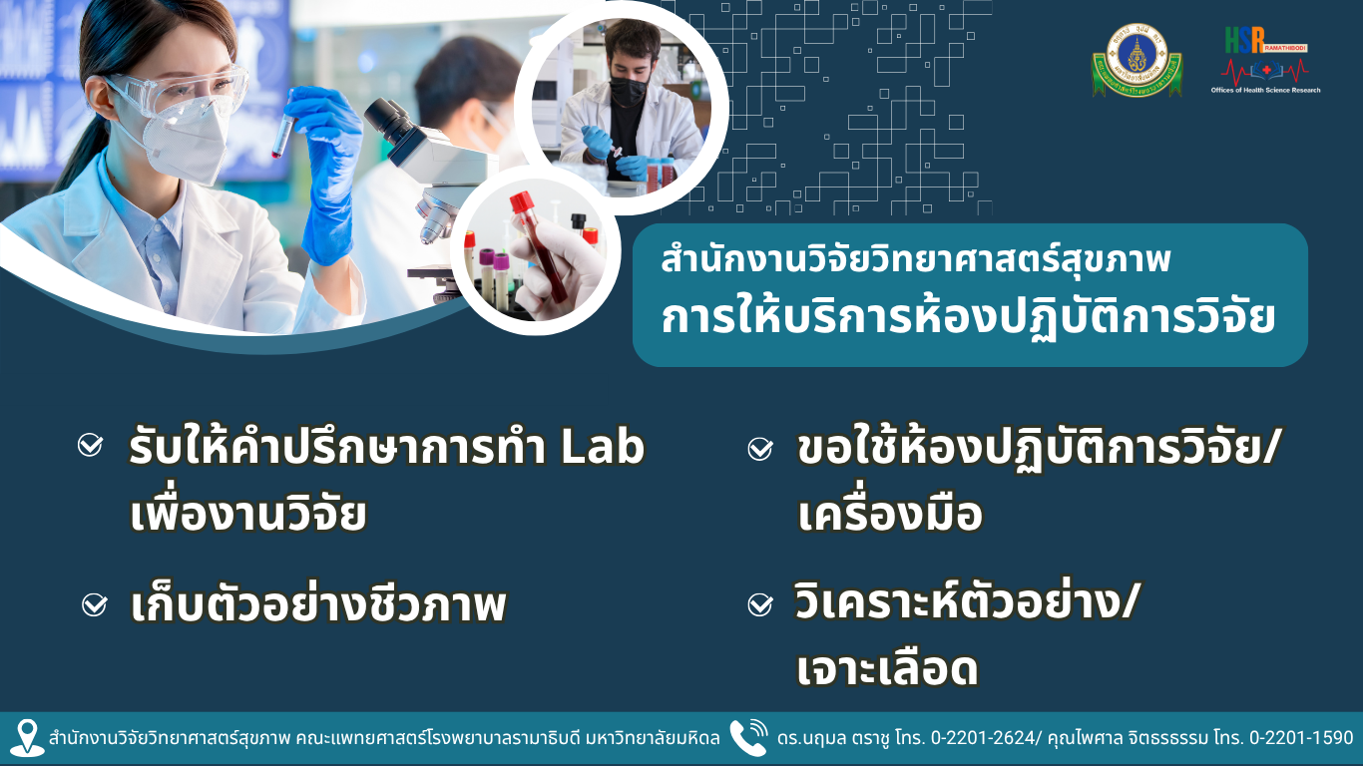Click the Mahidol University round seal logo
pos(1137,60)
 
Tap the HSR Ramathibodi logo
pos(1265,60)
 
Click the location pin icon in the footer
pos(27,738)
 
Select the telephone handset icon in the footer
pos(748,737)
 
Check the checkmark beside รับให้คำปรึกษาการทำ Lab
pos(90,445)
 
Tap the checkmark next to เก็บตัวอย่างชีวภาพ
pos(95,604)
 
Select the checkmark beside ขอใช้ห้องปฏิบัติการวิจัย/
pos(760,449)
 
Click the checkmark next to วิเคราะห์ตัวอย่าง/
pos(760,604)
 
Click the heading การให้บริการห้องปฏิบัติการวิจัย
pos(968,317)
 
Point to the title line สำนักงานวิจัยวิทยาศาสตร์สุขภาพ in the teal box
pos(916,258)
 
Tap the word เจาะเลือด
pos(887,669)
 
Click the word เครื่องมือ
pos(890,513)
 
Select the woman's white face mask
pos(183,142)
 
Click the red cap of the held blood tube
pos(520,202)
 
